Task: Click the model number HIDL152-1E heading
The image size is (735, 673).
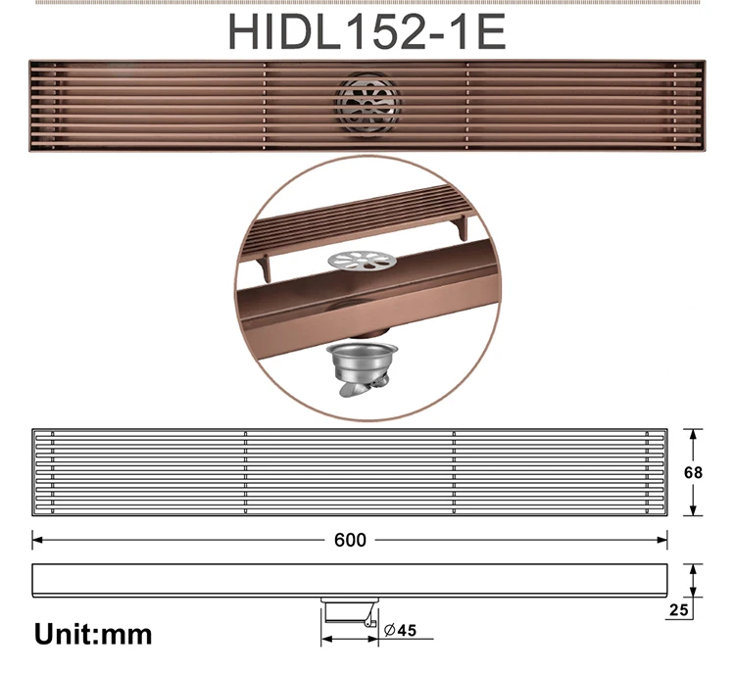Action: point(367,31)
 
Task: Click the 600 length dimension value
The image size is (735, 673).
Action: point(349,540)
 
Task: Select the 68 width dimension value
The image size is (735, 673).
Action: point(693,473)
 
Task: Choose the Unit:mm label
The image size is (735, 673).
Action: point(93,634)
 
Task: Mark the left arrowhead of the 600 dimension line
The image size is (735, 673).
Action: point(36,540)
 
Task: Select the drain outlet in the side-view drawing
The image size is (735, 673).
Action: point(349,610)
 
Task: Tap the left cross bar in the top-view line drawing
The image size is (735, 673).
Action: point(245,472)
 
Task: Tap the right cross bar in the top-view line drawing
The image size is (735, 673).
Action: point(453,472)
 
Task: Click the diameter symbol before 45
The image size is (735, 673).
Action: point(389,631)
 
